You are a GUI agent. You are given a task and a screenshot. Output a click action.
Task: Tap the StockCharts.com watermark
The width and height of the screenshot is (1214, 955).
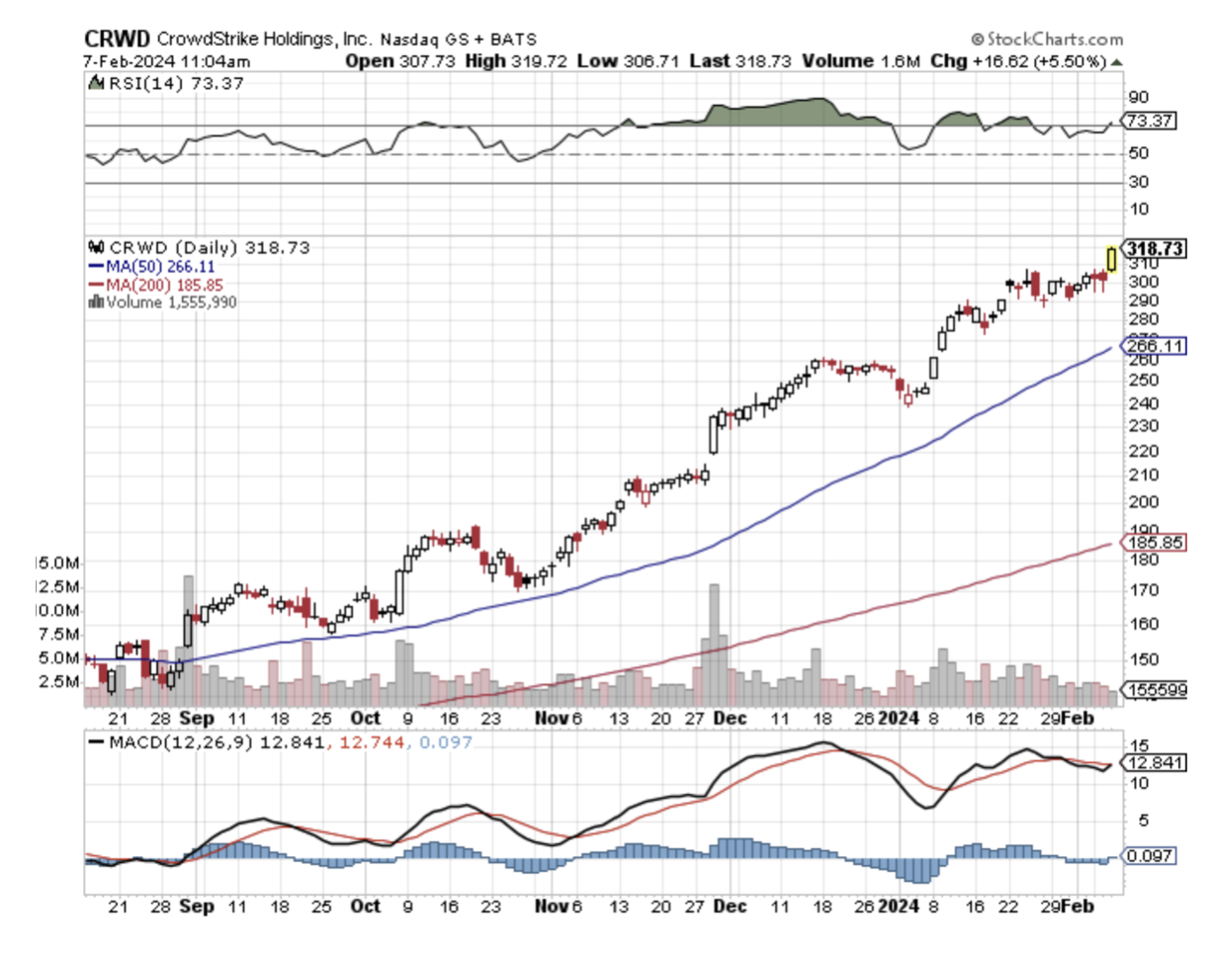[1047, 40]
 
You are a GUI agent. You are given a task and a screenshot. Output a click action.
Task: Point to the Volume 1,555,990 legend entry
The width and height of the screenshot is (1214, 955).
[163, 302]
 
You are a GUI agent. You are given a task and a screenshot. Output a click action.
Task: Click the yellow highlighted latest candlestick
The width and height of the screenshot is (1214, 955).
[1112, 258]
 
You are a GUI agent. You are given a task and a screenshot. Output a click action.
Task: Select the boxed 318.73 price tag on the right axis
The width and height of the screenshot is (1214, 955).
[1153, 248]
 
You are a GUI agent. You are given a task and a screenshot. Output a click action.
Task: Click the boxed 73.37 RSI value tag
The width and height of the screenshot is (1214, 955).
[1149, 121]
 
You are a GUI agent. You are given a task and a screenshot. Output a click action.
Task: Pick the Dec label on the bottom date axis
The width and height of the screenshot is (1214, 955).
[730, 905]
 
